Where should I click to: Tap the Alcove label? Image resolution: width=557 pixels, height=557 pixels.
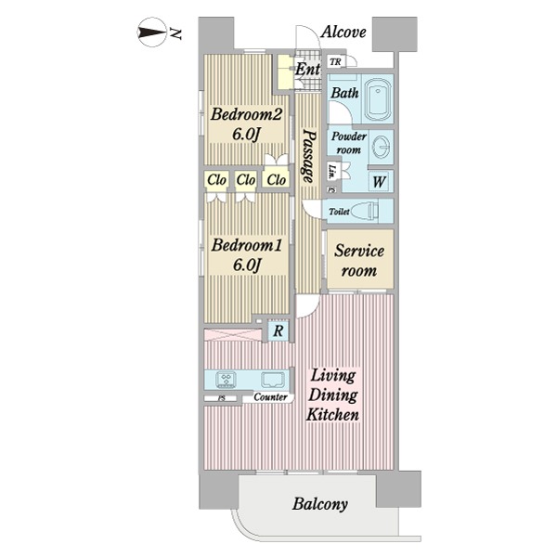coord(343,32)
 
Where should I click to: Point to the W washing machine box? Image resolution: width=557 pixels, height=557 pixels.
coord(379,182)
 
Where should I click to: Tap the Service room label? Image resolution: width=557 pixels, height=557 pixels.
coord(358,261)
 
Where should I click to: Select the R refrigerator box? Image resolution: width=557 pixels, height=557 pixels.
coord(278,331)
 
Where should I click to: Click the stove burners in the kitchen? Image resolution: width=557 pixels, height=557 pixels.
coord(227,380)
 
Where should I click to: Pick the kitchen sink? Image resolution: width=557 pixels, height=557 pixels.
coord(273,380)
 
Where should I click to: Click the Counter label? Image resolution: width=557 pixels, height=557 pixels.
coord(271,396)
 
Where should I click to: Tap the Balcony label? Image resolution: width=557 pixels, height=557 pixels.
coord(320,504)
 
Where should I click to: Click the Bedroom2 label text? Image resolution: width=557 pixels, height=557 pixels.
coord(246,114)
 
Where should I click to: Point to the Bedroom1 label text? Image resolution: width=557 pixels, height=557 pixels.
coord(247,245)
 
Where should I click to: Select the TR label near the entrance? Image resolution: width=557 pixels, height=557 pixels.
coord(335,62)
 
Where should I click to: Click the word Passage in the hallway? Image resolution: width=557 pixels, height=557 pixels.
coord(309,156)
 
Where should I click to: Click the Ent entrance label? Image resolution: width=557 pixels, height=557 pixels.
coord(307,69)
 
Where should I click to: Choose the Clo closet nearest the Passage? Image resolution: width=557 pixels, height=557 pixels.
coord(276,180)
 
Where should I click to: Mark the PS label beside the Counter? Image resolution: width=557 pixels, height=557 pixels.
coord(221,398)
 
